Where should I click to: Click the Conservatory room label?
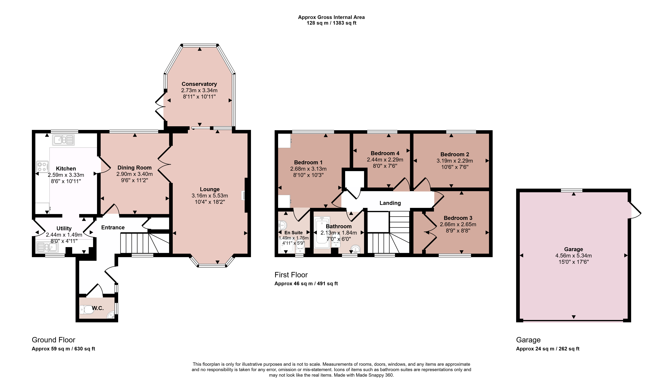[x=199, y=84]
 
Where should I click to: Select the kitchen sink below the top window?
[x=63, y=140]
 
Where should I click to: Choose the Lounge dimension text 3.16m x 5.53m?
[x=210, y=196]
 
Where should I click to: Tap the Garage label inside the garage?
[x=574, y=249]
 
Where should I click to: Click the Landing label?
[x=390, y=203]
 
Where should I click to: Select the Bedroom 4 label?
[x=385, y=153]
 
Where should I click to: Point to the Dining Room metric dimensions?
[x=134, y=174]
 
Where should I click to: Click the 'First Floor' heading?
[x=291, y=275]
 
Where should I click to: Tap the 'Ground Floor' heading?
[x=53, y=340]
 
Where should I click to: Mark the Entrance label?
[x=113, y=227]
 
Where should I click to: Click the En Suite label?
[x=293, y=233]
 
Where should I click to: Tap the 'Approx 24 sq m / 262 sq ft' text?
[x=548, y=349]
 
